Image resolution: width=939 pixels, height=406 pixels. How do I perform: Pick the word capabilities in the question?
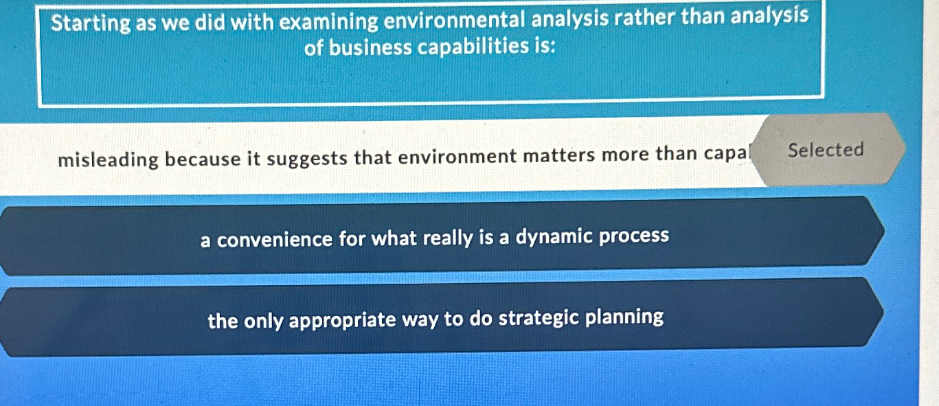[x=466, y=48]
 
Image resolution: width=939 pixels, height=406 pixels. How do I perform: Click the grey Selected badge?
[x=825, y=150]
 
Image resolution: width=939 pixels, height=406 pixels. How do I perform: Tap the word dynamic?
[x=554, y=237]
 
